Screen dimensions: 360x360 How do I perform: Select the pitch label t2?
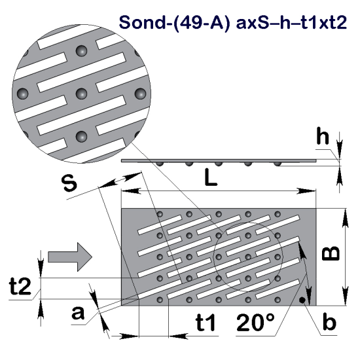tap(20, 286)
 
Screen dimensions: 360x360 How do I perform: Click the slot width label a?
tap(79, 314)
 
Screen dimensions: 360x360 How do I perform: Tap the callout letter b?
tap(330, 323)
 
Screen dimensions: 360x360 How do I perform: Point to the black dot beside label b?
tap(302, 300)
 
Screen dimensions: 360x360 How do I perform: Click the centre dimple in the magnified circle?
tap(82, 92)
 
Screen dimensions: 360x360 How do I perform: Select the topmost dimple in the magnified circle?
tap(82, 50)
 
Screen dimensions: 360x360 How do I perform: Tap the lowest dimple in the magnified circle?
tap(82, 136)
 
